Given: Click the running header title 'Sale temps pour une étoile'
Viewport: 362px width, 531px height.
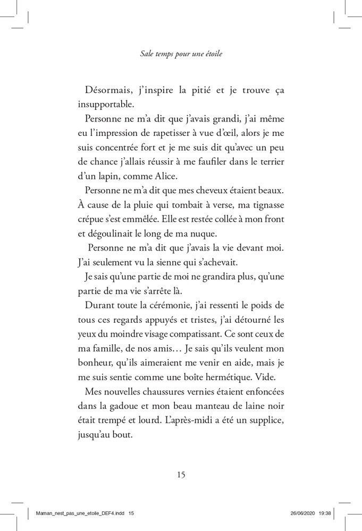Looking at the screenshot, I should pos(181,54).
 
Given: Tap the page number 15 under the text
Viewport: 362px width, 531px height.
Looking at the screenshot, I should pos(181,475).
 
